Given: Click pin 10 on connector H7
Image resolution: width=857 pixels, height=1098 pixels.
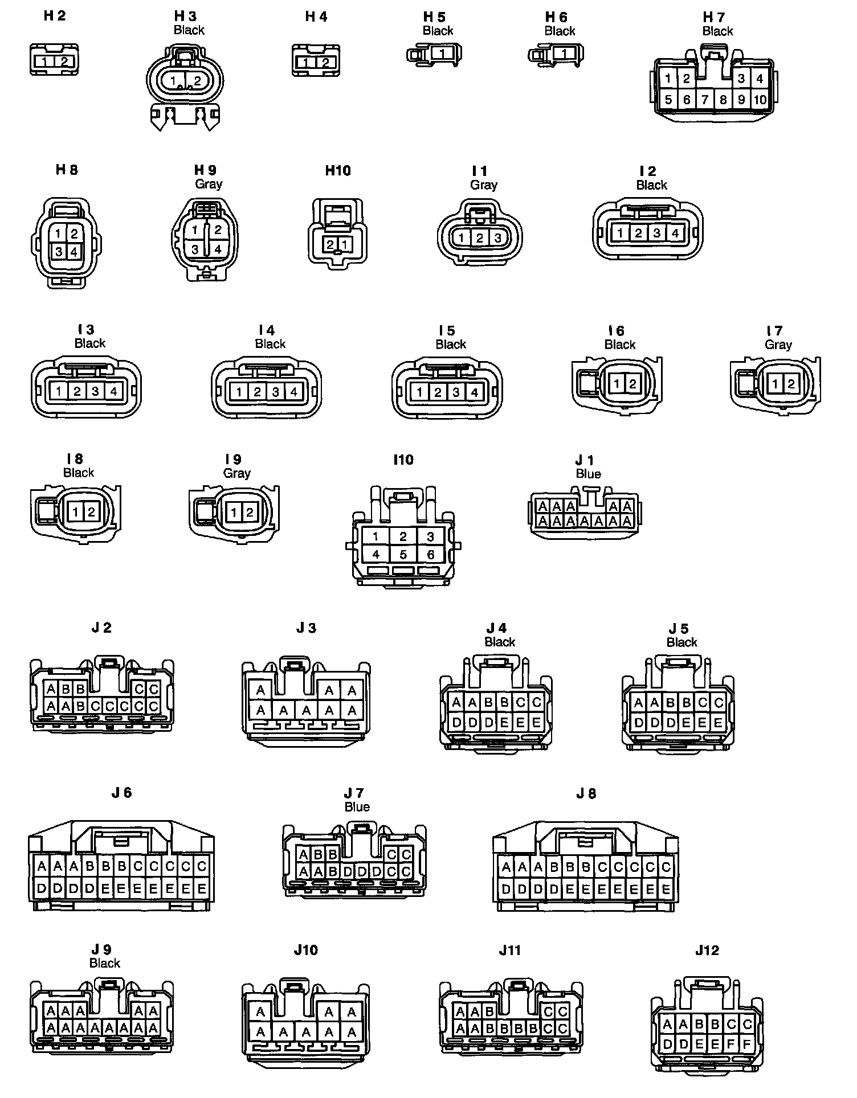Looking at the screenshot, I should coord(760,100).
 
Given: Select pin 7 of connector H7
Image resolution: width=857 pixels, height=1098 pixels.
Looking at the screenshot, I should coord(705,100).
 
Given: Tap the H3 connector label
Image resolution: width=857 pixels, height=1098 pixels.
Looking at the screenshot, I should coord(185,17).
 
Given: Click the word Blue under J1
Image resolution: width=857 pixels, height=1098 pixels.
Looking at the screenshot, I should coord(588,474).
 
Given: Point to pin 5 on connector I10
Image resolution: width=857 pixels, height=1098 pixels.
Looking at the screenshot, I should coord(403,555).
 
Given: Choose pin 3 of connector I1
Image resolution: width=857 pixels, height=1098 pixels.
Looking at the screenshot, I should coord(497,238).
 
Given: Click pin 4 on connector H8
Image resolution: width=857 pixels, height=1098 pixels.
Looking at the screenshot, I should coord(75,251).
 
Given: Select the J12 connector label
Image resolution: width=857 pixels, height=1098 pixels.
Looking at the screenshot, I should coord(707,950).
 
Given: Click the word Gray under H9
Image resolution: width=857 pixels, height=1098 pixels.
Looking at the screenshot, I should coord(209,184).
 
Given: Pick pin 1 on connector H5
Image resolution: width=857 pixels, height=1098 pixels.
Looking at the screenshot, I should coord(443,54).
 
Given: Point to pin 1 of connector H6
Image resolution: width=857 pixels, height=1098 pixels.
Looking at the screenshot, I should coord(564,54).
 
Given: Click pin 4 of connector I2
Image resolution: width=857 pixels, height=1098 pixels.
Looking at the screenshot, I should coord(675,233).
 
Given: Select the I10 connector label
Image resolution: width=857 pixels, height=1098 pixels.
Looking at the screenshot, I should coord(403,460).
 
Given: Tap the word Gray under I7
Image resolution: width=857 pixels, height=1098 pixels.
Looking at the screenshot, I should coord(778,345).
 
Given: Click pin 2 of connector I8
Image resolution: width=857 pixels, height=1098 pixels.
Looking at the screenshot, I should coord(91,512).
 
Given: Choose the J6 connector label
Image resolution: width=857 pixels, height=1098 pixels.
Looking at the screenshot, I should coord(121,792).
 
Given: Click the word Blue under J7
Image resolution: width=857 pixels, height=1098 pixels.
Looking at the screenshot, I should coord(357,807).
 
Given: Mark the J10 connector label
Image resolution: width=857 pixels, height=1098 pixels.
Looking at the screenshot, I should coord(306,950).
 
